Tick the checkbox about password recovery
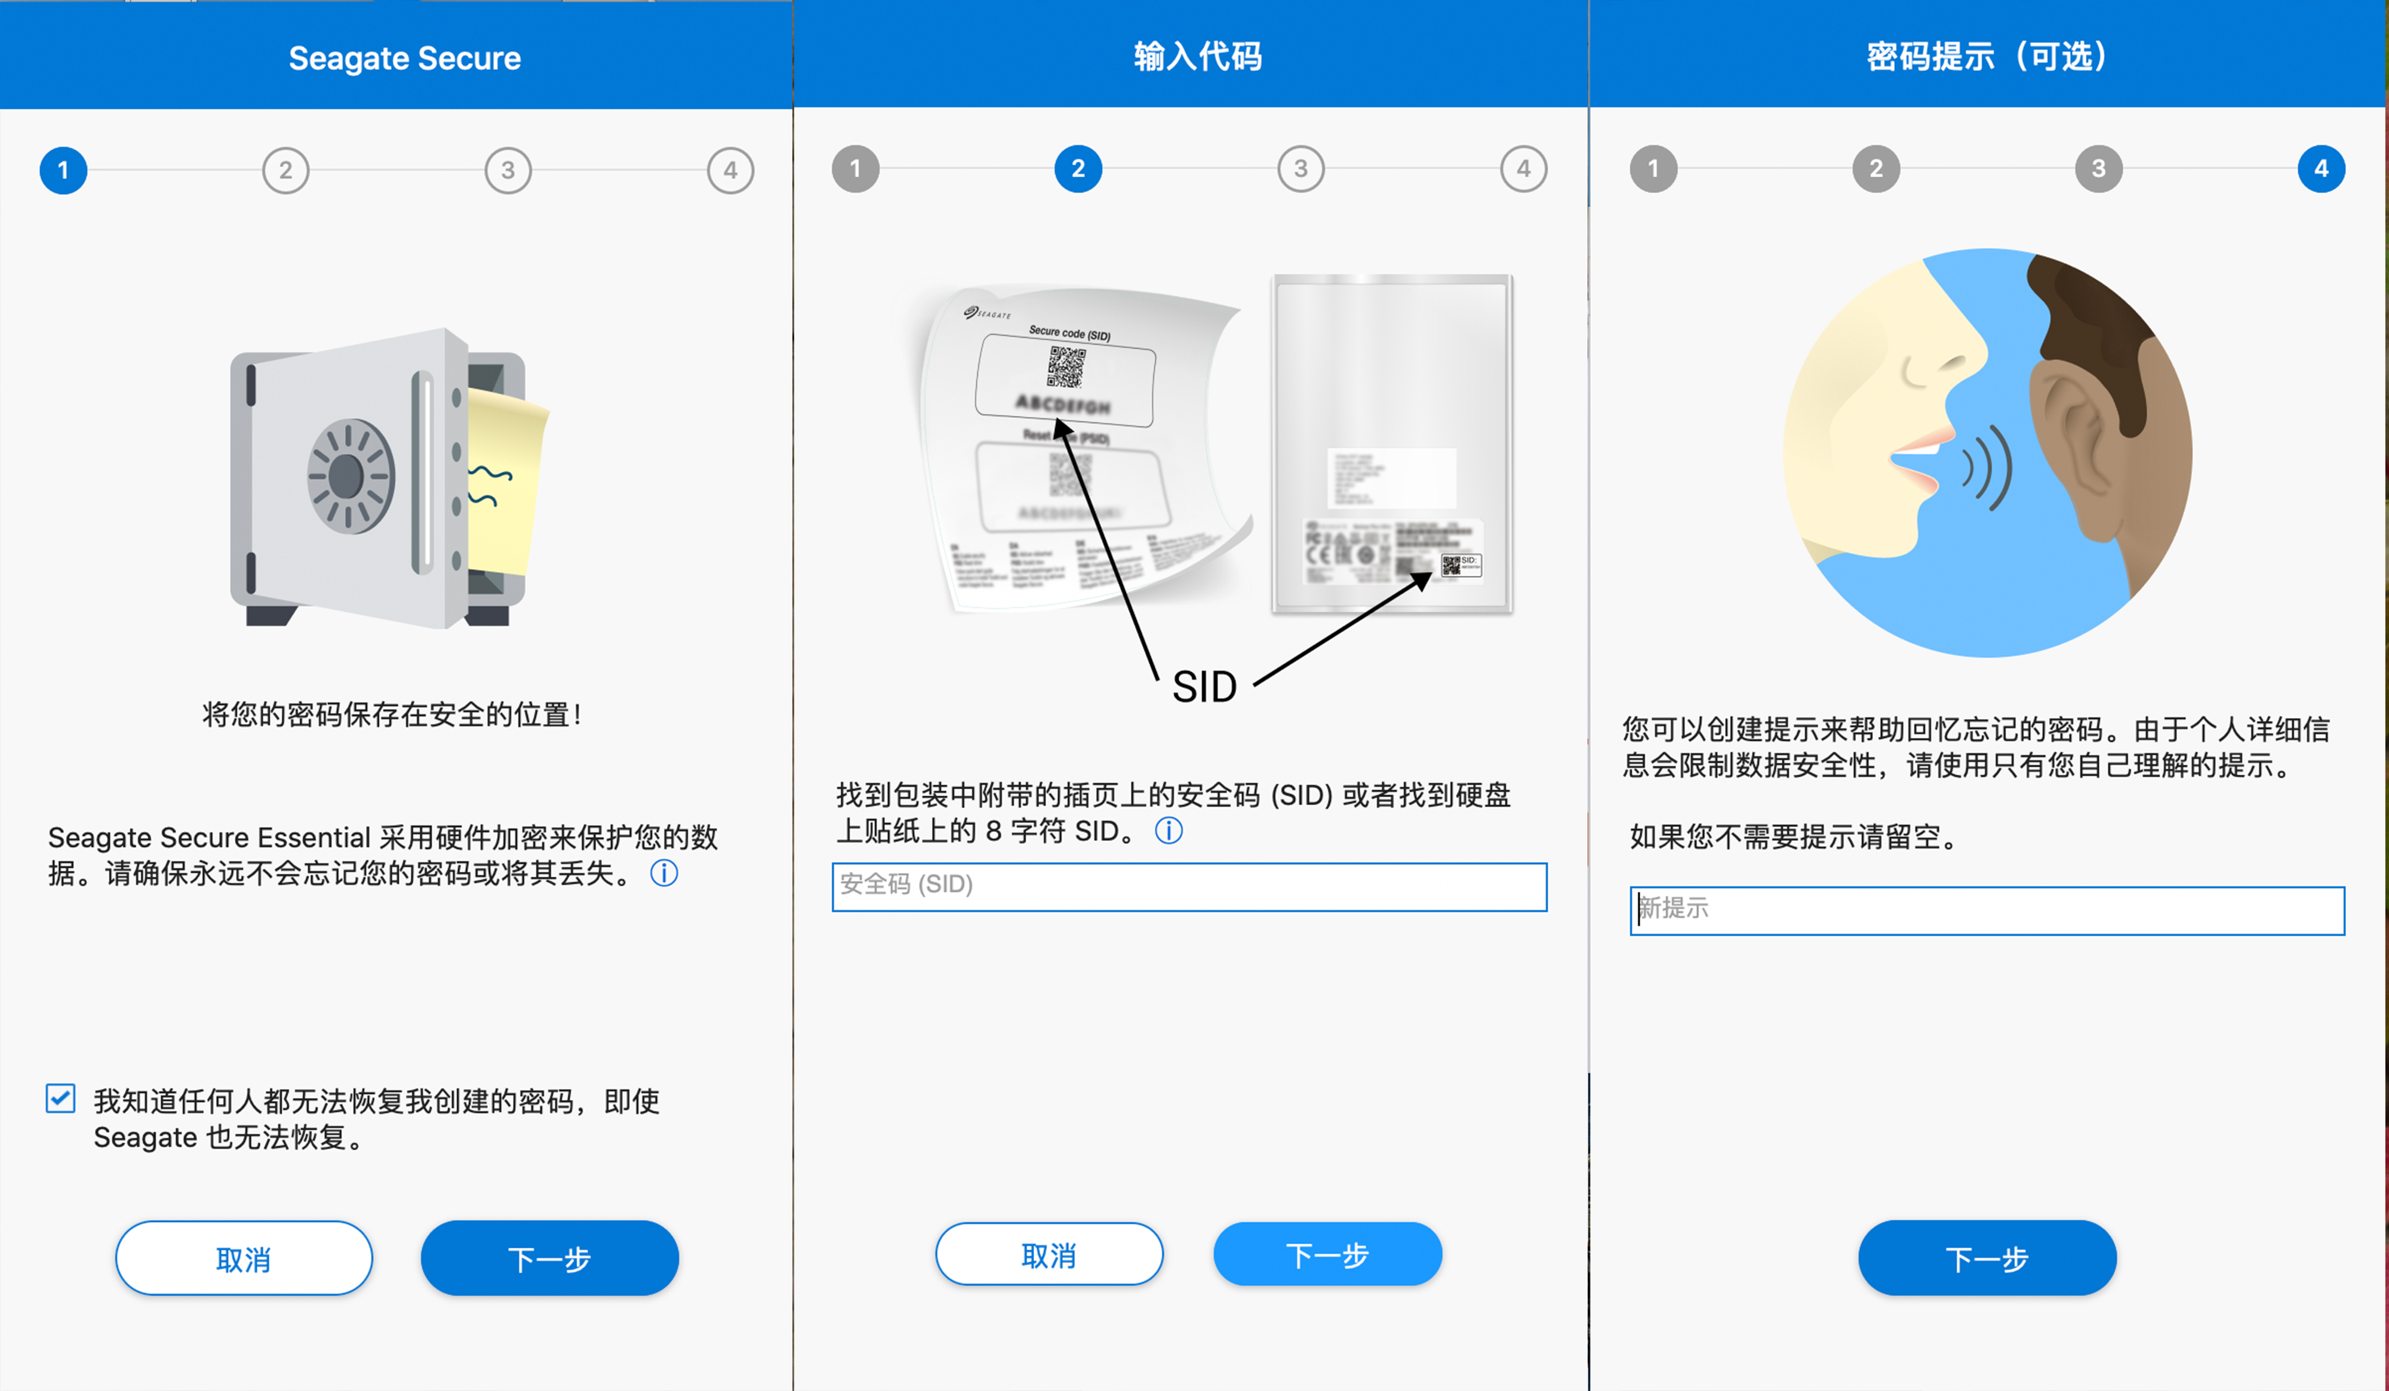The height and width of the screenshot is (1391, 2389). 61,1099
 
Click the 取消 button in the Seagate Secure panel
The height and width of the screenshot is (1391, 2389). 244,1259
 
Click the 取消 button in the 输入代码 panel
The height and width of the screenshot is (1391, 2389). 1049,1254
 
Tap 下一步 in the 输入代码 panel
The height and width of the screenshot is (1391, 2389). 1327,1254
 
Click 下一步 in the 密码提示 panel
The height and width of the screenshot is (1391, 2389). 1987,1259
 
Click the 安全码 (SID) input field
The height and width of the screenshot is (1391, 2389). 1189,887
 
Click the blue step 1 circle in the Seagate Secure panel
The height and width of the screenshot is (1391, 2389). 63,171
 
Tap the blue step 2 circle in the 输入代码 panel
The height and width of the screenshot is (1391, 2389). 1078,169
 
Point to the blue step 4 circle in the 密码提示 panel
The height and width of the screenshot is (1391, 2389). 2321,169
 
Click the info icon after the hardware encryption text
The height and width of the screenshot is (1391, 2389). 663,872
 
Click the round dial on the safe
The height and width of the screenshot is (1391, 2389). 350,476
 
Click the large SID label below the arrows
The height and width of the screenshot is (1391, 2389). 1204,687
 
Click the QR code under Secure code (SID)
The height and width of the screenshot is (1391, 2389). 1066,366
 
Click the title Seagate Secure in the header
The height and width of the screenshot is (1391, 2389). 405,58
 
